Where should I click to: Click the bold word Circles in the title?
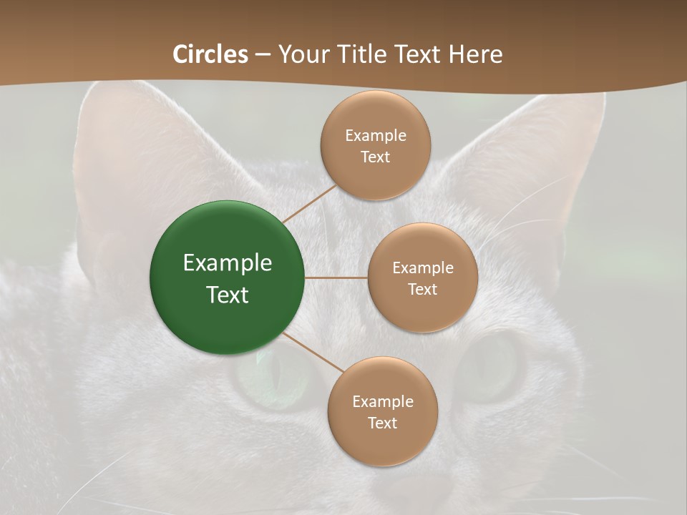[x=210, y=54]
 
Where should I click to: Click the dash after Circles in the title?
[x=263, y=55]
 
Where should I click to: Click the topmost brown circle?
[x=376, y=172]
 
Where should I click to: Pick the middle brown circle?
[x=422, y=308]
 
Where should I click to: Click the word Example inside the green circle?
[x=227, y=263]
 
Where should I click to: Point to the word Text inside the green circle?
[x=227, y=295]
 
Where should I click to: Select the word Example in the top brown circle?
[x=376, y=136]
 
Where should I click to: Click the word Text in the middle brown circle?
[x=422, y=289]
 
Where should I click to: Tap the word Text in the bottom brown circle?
[x=382, y=423]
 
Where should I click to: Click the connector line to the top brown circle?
[x=309, y=203]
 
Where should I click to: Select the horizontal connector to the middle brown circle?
[x=336, y=278]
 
